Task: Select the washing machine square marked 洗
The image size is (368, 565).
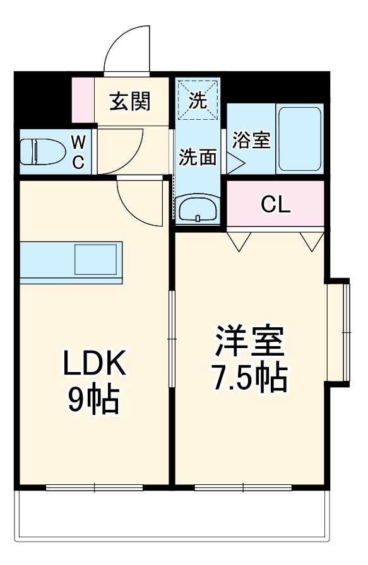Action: (x=198, y=102)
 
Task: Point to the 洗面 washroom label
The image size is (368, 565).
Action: (x=198, y=156)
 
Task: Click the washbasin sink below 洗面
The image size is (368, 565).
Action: (x=198, y=209)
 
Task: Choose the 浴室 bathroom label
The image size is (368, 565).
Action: (x=251, y=140)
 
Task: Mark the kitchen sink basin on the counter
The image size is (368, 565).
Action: (x=96, y=259)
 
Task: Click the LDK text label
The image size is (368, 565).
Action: (x=95, y=364)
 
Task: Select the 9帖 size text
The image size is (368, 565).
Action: (x=95, y=399)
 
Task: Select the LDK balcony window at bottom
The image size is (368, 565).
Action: (x=95, y=487)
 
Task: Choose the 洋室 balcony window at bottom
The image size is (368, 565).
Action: (x=243, y=487)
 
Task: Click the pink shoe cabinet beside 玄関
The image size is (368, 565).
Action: (x=82, y=100)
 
